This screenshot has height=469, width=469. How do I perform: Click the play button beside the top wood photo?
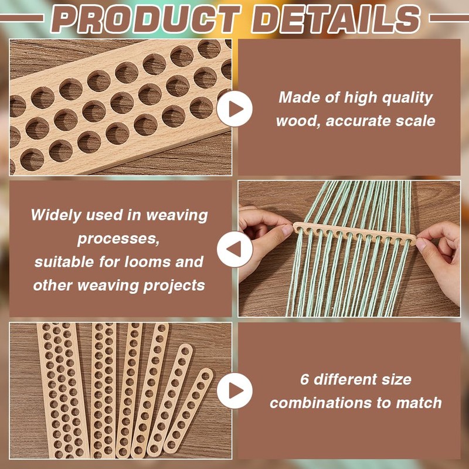point(235,108)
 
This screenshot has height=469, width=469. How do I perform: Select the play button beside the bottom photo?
point(235,390)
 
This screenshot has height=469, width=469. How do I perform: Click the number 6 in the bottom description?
point(304,379)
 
